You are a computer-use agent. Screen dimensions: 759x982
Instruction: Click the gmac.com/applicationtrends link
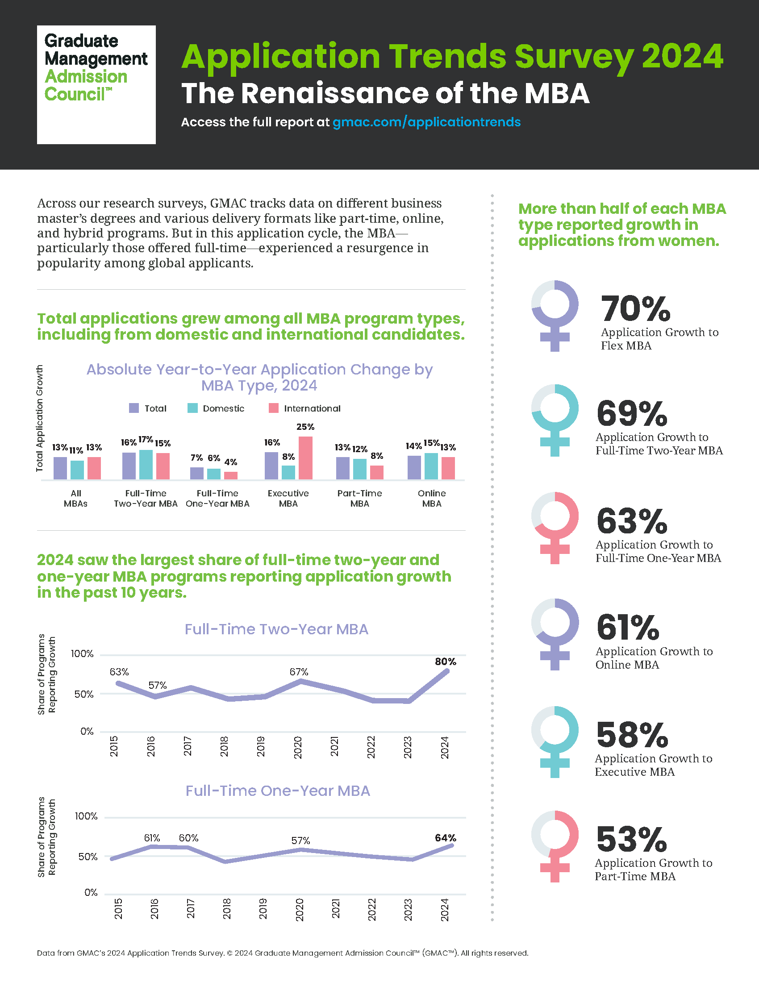[426, 122]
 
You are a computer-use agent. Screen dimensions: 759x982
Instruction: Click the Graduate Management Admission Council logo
[96, 84]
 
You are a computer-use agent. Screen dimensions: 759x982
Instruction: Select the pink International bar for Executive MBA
[305, 458]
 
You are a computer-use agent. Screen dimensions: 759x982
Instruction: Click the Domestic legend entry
[216, 408]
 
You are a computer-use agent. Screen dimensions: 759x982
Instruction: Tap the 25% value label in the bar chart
[305, 427]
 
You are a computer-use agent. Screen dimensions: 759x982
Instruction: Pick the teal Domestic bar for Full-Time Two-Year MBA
[146, 465]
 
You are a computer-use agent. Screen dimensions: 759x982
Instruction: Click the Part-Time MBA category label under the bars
[360, 498]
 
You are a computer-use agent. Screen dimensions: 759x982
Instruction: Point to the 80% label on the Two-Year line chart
[445, 662]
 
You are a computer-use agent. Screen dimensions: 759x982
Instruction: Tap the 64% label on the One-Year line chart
[445, 838]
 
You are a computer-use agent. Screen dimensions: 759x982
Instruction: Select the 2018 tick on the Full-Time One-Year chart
[227, 909]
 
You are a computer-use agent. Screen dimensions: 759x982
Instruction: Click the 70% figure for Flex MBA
[635, 308]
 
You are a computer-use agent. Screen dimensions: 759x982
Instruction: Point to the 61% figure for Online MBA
[628, 627]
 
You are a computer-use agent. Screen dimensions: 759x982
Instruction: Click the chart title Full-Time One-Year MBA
[278, 791]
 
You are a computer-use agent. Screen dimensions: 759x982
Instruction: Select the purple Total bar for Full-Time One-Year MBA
[197, 474]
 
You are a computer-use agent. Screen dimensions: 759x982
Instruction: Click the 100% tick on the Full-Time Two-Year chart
[82, 654]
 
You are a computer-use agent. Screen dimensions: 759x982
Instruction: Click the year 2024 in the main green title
[682, 57]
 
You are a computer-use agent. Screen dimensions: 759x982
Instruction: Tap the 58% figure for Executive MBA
[632, 734]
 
